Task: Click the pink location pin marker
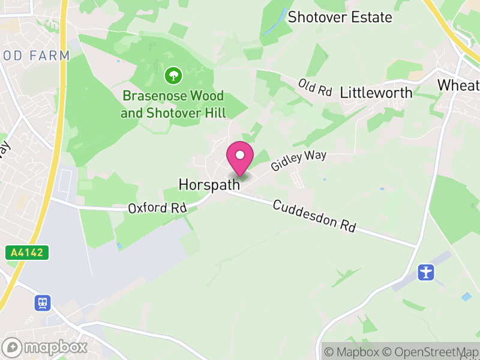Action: click(x=240, y=159)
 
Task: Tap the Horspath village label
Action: click(x=209, y=185)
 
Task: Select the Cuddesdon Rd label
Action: click(x=314, y=217)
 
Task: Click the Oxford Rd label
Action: click(x=157, y=208)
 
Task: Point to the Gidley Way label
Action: click(x=298, y=161)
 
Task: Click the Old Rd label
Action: click(x=315, y=88)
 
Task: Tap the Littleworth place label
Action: click(x=376, y=93)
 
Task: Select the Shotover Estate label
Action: click(x=340, y=17)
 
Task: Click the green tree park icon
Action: click(x=173, y=76)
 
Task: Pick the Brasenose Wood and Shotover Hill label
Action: click(x=173, y=104)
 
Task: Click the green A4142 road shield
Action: click(x=27, y=253)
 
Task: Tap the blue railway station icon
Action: click(x=43, y=302)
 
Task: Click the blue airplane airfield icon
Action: click(x=426, y=272)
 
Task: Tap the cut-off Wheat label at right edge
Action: click(x=459, y=85)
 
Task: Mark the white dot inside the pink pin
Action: click(x=240, y=155)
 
